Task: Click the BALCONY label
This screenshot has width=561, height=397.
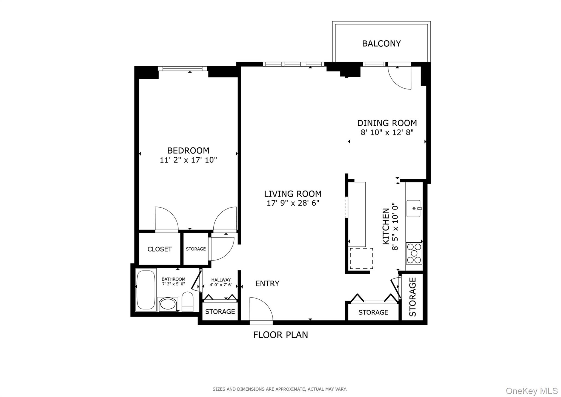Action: (381, 43)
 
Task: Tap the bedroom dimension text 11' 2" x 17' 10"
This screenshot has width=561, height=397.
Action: (188, 160)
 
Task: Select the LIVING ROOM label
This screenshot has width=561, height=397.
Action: (293, 194)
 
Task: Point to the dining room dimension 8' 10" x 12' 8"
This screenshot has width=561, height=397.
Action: (387, 132)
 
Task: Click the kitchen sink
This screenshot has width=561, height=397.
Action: (413, 208)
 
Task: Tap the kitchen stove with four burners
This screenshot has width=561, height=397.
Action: (414, 253)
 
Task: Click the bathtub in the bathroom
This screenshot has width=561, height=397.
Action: (146, 290)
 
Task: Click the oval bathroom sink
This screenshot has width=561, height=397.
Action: (168, 304)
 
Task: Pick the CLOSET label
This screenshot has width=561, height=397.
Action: (159, 249)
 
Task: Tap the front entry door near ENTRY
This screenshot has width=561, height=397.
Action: (261, 310)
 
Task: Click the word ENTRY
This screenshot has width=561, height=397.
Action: (267, 283)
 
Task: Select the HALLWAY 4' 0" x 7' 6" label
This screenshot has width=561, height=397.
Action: (221, 282)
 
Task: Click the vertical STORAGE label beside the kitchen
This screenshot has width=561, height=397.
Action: (412, 297)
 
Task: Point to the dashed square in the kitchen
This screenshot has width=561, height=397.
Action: (361, 258)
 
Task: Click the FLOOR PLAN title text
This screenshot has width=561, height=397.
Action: (280, 335)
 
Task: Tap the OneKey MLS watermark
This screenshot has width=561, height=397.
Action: (531, 390)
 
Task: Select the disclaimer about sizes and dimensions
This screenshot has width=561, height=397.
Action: (279, 389)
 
